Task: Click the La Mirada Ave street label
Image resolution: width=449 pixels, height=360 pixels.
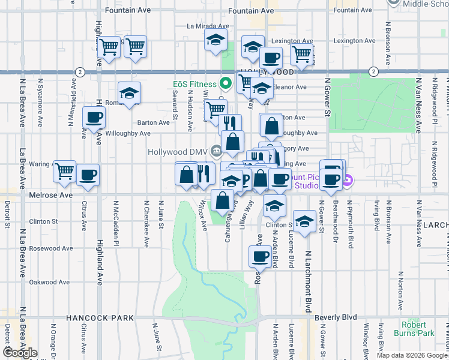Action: click(x=208, y=26)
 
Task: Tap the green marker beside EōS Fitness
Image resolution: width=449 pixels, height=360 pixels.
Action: click(x=226, y=83)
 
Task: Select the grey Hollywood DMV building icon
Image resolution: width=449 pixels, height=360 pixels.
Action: click(x=216, y=151)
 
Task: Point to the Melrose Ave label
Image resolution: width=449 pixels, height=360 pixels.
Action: click(x=50, y=196)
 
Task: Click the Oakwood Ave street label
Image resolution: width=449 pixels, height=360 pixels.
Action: click(x=51, y=282)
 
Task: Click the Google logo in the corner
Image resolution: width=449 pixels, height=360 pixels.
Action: click(x=20, y=353)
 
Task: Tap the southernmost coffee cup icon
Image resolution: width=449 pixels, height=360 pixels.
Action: click(x=260, y=256)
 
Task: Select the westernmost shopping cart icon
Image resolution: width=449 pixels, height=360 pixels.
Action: click(x=64, y=172)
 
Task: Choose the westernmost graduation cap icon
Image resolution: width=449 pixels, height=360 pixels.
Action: click(x=128, y=93)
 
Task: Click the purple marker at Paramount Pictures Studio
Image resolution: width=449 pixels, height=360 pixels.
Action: click(x=348, y=179)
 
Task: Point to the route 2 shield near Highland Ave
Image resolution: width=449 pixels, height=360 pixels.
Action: click(x=80, y=71)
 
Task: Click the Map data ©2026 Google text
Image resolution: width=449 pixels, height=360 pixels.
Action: click(x=412, y=355)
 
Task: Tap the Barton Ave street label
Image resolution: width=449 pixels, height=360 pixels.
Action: click(x=154, y=122)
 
